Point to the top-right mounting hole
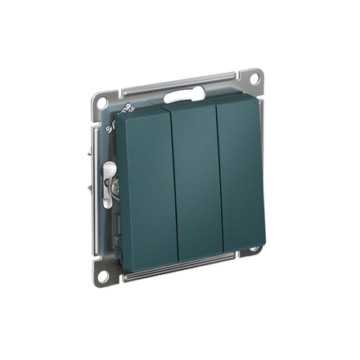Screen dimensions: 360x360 tap(254, 79)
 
